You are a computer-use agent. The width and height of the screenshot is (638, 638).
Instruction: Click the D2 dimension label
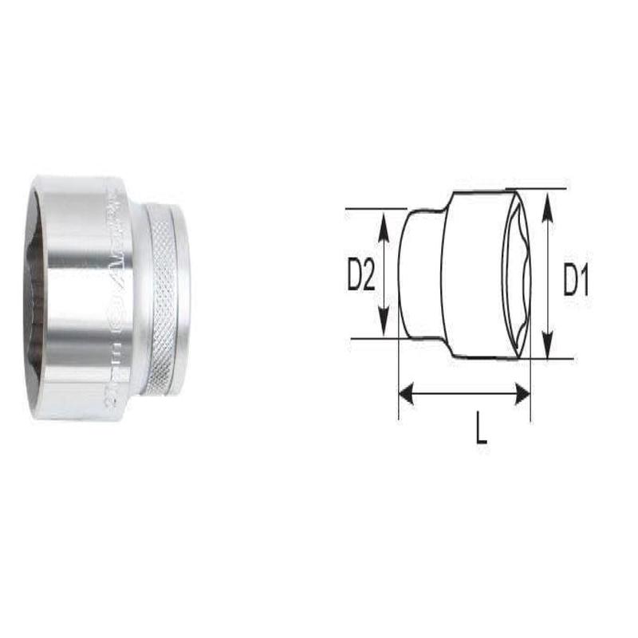point(361,276)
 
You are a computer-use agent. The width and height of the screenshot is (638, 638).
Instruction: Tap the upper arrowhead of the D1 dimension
point(547,199)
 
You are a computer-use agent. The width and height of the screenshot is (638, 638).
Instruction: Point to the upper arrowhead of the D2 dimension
point(384,220)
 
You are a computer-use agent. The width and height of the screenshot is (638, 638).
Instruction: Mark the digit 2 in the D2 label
point(369,276)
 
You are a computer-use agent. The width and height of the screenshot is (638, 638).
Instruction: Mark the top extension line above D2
point(375,210)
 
